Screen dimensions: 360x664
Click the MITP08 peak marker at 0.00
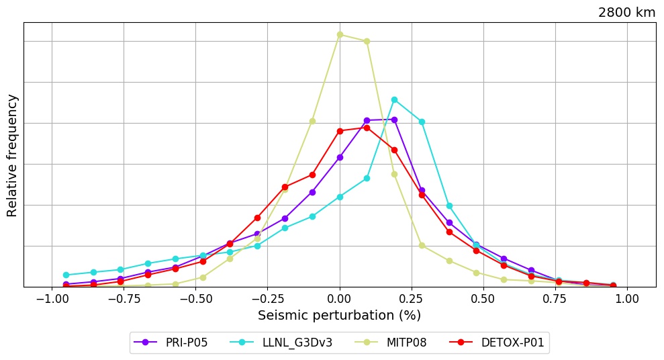click(340, 34)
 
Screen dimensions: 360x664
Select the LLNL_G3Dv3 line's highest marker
click(394, 99)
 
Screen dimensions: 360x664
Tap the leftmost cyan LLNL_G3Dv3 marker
click(66, 275)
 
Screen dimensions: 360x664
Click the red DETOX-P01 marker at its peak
click(367, 128)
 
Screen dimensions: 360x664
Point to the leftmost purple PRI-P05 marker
click(66, 284)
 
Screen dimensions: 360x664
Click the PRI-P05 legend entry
click(171, 343)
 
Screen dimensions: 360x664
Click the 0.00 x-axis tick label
click(340, 298)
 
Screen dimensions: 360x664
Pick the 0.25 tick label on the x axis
click(412, 298)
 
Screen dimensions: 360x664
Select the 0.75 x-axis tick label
click(555, 298)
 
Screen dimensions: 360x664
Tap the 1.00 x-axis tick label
click(627, 298)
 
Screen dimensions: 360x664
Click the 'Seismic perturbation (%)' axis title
click(340, 315)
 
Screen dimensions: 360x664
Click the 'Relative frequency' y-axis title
click(12, 155)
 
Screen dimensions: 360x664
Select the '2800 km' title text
click(626, 12)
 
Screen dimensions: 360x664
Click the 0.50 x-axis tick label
click(483, 298)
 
